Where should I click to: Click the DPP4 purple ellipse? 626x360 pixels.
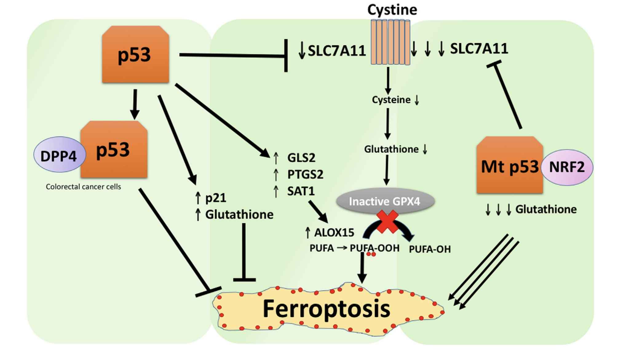click(x=59, y=155)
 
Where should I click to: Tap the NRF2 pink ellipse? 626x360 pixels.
click(x=567, y=167)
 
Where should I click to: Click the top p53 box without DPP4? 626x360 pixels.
click(x=135, y=55)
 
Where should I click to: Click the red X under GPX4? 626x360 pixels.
click(x=387, y=221)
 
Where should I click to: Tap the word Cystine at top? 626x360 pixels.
click(x=392, y=10)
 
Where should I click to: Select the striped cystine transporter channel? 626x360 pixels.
click(x=390, y=42)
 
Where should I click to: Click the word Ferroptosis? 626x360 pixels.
click(x=326, y=309)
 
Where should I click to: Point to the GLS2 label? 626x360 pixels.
click(x=301, y=158)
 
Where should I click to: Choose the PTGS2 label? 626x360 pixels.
click(x=305, y=174)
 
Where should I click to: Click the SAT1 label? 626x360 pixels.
click(x=301, y=191)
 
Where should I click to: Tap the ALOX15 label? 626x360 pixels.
click(x=334, y=233)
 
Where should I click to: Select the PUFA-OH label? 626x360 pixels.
click(x=430, y=249)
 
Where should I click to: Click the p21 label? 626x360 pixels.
click(x=216, y=198)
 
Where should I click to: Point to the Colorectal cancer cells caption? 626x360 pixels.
click(x=83, y=186)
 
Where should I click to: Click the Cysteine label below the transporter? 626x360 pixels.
click(x=391, y=100)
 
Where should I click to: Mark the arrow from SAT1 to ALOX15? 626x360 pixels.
click(x=318, y=211)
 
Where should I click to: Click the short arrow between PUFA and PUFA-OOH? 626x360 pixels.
click(x=342, y=247)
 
